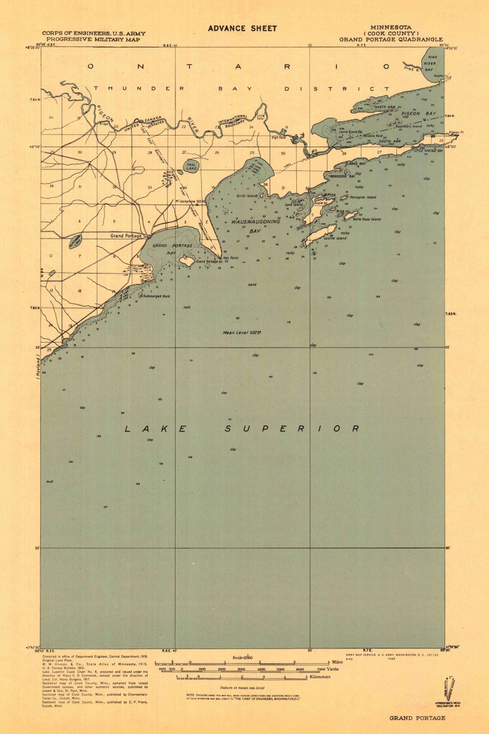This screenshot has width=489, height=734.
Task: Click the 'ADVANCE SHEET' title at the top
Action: [x=242, y=28]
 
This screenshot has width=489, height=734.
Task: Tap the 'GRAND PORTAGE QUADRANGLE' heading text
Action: [x=390, y=39]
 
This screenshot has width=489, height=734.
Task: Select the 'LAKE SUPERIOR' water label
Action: [x=243, y=428]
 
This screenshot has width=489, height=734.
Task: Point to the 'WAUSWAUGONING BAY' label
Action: [x=256, y=226]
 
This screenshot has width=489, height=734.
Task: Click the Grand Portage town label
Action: [x=126, y=235]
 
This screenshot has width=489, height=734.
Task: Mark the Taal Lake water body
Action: [x=192, y=166]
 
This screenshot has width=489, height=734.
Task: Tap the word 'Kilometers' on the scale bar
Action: [x=320, y=677]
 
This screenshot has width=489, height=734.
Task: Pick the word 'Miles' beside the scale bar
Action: [x=337, y=662]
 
